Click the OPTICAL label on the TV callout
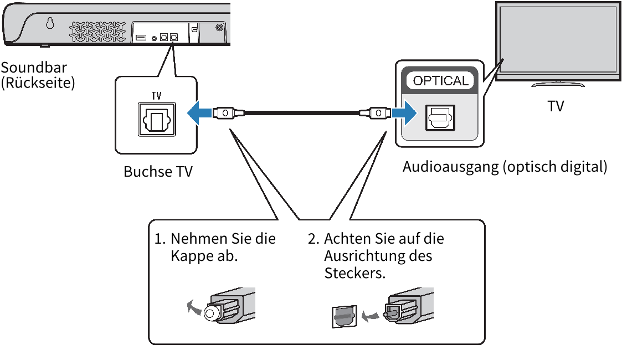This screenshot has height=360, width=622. tap(441, 81)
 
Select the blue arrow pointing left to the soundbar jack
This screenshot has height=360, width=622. tap(199, 113)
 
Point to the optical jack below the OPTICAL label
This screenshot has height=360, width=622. tap(440, 117)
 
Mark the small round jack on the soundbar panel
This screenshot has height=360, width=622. tap(153, 38)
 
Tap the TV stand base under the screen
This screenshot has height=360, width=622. tap(558, 84)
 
